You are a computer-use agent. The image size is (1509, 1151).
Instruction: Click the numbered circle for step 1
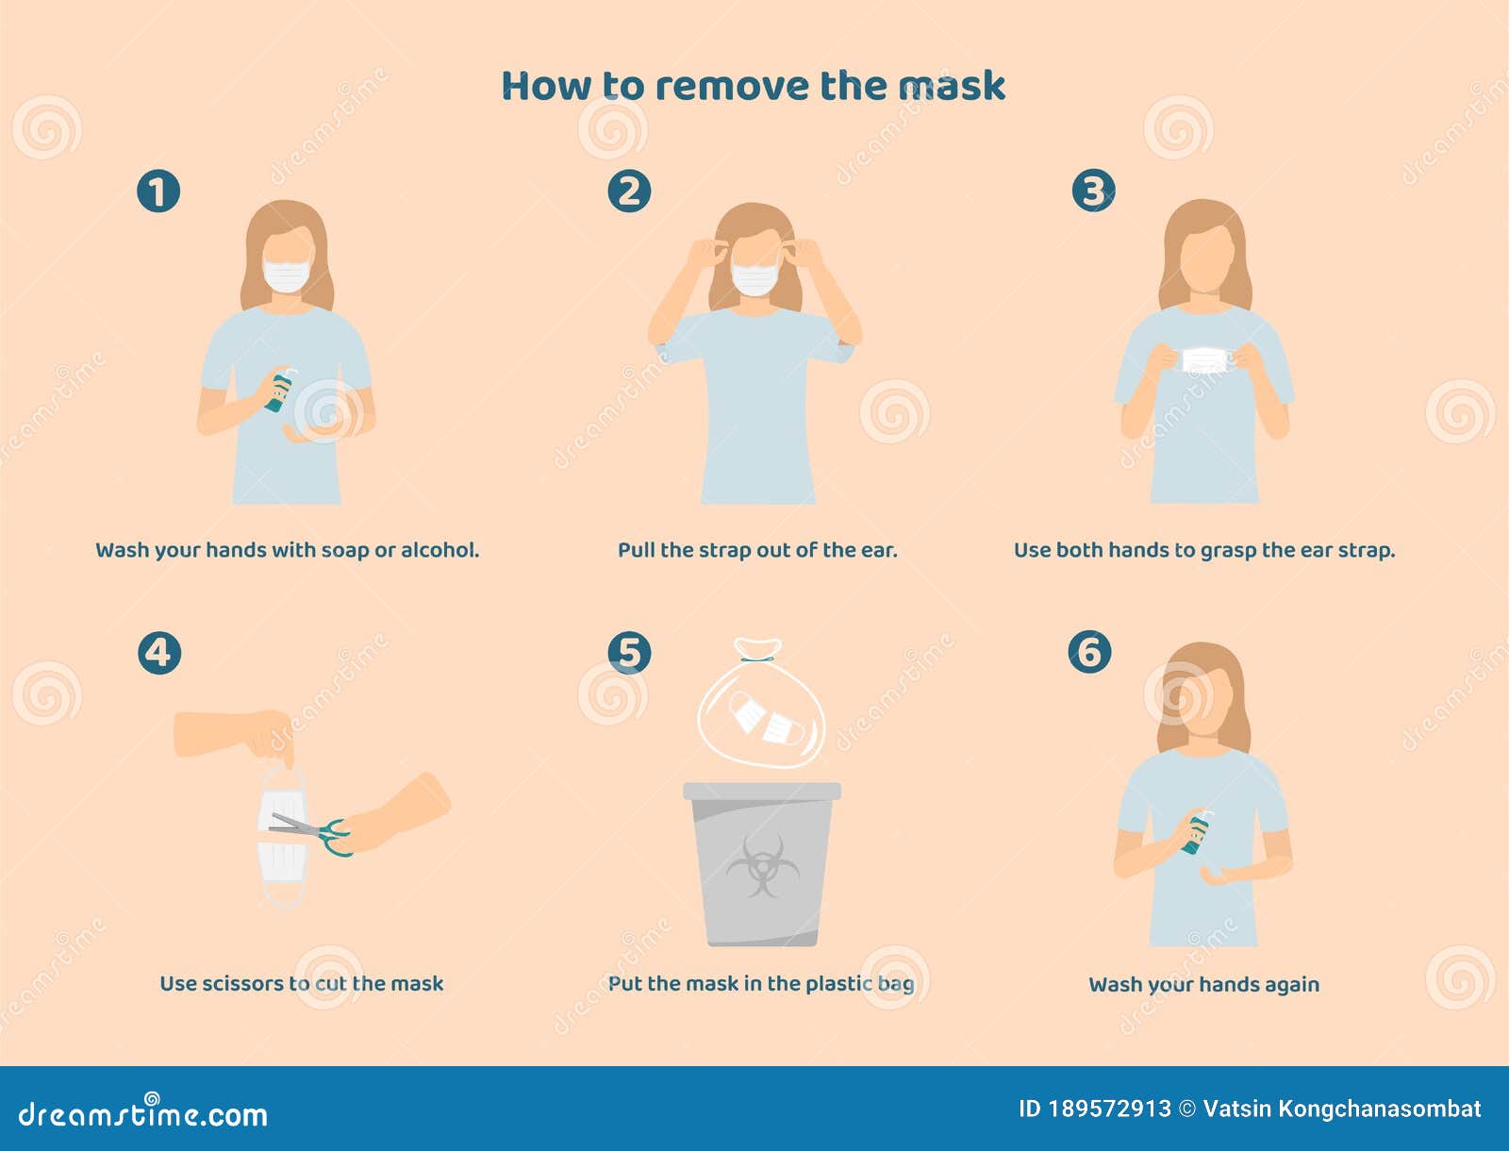pos(158,192)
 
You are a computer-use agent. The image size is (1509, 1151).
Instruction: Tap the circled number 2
pos(629,192)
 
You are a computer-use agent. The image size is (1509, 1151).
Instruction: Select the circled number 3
pos(1093,192)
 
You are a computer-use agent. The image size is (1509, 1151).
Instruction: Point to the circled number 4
pos(158,653)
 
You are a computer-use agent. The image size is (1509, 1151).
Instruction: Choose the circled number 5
pos(629,653)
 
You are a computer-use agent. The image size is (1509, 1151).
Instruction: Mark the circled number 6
pos(1089,652)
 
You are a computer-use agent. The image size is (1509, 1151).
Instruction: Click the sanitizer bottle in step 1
pos(280,391)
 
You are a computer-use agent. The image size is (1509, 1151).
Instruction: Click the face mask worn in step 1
pos(287,275)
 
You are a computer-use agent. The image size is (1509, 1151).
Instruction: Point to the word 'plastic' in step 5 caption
pos(838,983)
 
